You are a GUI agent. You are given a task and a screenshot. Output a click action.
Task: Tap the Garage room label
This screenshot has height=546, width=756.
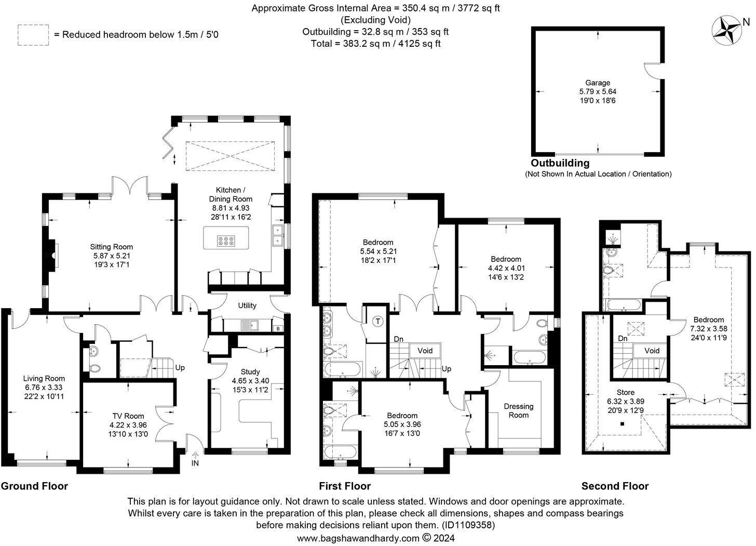[598, 83]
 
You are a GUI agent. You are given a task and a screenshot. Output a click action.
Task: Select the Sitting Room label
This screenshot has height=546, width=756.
[111, 247]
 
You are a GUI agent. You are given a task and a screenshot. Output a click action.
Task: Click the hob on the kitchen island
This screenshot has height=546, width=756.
[226, 241]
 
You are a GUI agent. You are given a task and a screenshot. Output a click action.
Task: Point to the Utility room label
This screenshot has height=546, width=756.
[247, 305]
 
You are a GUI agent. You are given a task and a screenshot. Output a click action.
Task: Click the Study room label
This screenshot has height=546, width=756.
[250, 371]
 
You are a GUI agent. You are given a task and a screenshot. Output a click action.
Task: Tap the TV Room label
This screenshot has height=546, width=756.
[128, 416]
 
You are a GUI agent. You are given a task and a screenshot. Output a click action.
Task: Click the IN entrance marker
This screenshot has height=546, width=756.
[195, 463]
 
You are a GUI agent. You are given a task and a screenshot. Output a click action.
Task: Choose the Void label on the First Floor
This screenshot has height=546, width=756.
[425, 351]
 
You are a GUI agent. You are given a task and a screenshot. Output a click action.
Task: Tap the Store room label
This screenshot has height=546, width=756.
[625, 392]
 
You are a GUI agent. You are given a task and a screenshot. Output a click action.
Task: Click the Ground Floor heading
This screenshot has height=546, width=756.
[34, 486]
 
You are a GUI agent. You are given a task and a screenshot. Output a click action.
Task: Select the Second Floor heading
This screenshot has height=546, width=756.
[615, 486]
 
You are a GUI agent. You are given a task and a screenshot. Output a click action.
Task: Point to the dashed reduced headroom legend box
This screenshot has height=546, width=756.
[33, 35]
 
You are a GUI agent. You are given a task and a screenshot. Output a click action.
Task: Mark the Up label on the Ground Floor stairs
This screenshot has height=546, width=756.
[180, 367]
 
